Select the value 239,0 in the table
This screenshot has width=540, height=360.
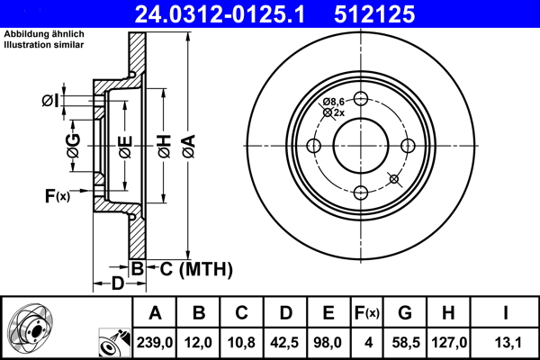pyautogui.click(x=155, y=341)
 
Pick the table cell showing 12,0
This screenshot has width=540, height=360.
pyautogui.click(x=199, y=341)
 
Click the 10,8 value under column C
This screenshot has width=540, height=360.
pyautogui.click(x=242, y=341)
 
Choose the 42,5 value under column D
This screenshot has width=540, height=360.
pyautogui.click(x=285, y=341)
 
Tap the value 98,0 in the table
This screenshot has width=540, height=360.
pyautogui.click(x=328, y=341)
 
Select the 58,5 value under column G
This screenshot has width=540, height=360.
pyautogui.click(x=405, y=341)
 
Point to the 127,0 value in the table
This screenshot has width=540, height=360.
pyautogui.click(x=450, y=341)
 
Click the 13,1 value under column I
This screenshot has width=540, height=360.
pyautogui.click(x=505, y=341)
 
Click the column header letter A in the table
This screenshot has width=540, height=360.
pyautogui.click(x=155, y=313)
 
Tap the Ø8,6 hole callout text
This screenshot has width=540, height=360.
pyautogui.click(x=336, y=102)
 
